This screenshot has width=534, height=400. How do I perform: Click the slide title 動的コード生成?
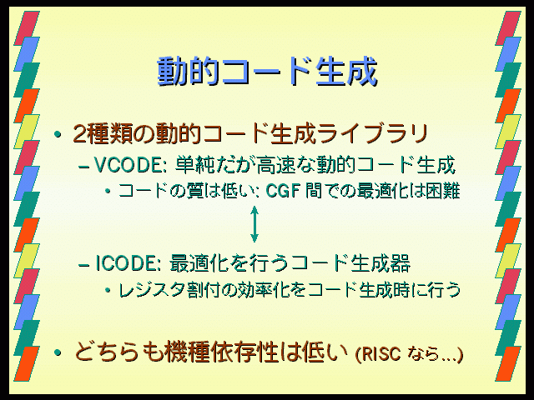point(267,72)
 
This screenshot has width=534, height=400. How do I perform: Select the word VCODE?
point(128,165)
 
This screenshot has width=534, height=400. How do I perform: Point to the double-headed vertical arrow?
point(254,224)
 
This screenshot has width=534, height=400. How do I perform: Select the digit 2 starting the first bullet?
point(79,134)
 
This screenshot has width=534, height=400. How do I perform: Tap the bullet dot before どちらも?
point(58,353)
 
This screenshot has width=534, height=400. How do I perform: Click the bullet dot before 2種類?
point(58,135)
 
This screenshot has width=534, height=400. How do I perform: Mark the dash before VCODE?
point(83,167)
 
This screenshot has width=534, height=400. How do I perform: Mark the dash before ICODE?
point(83,265)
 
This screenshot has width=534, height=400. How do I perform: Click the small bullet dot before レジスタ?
point(108,291)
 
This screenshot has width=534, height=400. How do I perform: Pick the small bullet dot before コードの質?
point(108,191)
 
